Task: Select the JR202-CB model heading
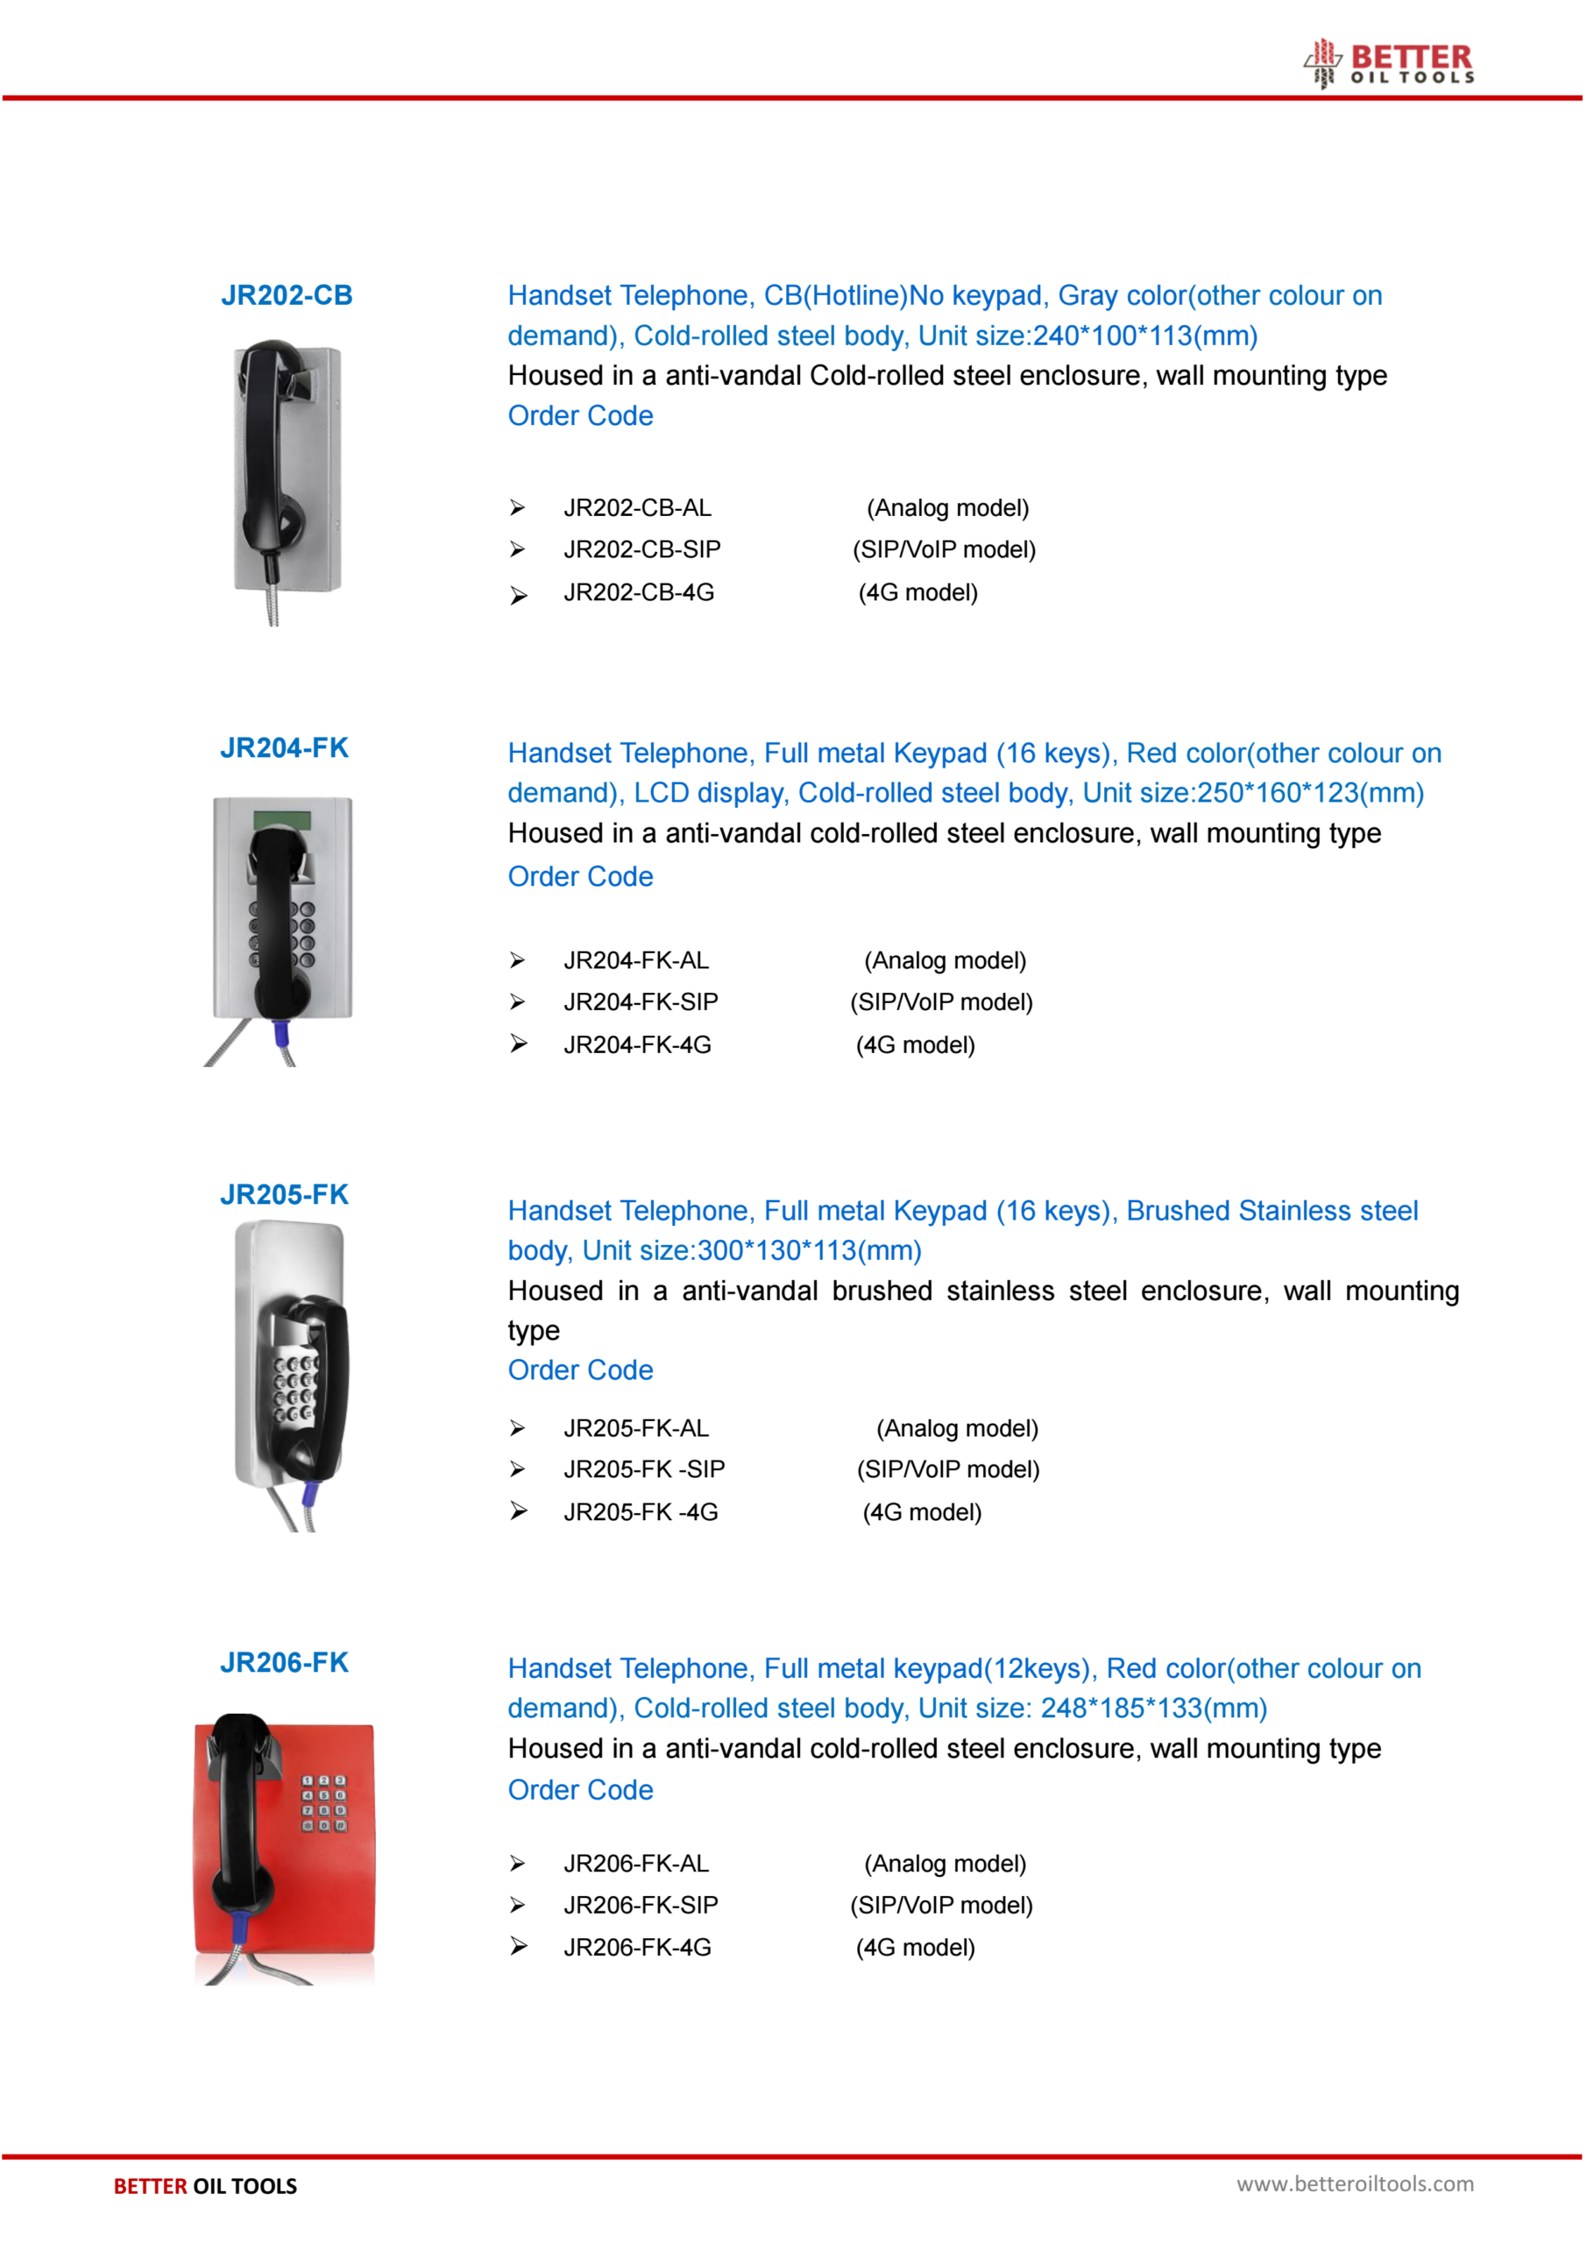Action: pyautogui.click(x=287, y=295)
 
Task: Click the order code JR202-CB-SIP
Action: pyautogui.click(x=642, y=549)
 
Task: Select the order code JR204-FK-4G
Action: pyautogui.click(x=637, y=1044)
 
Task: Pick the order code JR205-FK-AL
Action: pyautogui.click(x=636, y=1428)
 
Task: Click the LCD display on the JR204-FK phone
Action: pyautogui.click(x=282, y=818)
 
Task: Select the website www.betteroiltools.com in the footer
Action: pyautogui.click(x=1355, y=2184)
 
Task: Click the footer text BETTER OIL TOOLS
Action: pyautogui.click(x=205, y=2186)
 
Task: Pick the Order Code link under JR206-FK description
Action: pyautogui.click(x=580, y=1790)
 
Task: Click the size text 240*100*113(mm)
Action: pyautogui.click(x=1144, y=336)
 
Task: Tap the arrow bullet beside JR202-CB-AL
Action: pyautogui.click(x=518, y=508)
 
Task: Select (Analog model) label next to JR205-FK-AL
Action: pyautogui.click(x=957, y=1428)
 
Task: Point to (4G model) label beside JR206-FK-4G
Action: pyautogui.click(x=915, y=1947)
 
